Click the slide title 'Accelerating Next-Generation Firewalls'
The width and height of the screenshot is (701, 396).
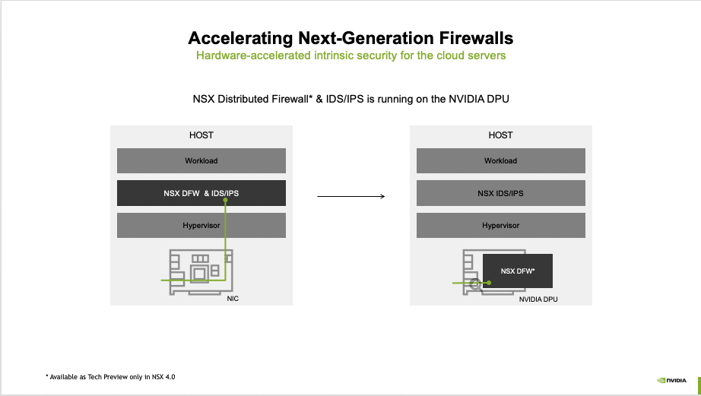click(350, 38)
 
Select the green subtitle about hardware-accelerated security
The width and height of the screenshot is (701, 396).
click(350, 55)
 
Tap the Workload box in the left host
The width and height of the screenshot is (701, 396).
click(201, 161)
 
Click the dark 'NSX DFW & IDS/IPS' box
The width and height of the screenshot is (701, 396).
click(201, 193)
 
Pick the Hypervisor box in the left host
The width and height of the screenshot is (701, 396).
click(201, 226)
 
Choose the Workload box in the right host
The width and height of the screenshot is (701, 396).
click(500, 161)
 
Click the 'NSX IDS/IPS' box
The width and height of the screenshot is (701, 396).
click(500, 193)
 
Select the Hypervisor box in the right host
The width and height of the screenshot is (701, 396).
click(500, 226)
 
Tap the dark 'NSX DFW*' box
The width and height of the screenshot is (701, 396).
click(518, 271)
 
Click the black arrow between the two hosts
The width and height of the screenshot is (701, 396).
click(350, 197)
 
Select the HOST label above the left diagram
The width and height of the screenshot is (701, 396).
click(201, 135)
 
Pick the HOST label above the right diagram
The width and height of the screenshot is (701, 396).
click(500, 135)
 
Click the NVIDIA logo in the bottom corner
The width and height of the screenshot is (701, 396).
click(671, 380)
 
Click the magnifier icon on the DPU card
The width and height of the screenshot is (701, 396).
click(477, 284)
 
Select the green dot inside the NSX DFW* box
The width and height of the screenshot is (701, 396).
click(490, 282)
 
